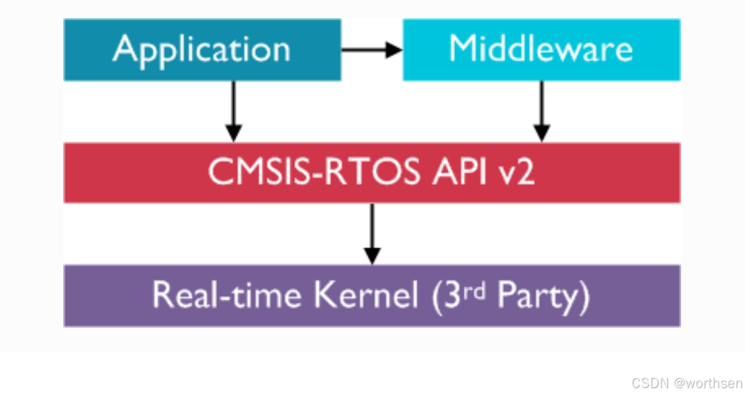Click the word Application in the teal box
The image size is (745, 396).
point(201,50)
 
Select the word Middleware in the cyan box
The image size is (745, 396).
point(540,49)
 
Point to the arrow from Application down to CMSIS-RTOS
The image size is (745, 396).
point(233,111)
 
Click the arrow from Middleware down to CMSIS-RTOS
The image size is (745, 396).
point(541,111)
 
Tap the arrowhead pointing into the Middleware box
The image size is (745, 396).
point(395,49)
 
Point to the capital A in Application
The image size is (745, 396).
point(125,49)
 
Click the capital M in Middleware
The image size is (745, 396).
point(464,49)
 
